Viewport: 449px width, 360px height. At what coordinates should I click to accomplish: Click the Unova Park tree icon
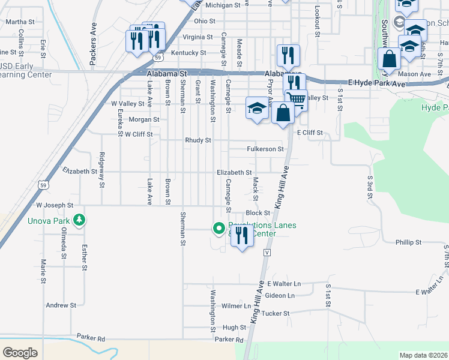coord(79,221)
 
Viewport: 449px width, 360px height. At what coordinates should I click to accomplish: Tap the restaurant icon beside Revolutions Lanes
coord(241,235)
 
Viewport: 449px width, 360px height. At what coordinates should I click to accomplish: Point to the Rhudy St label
coord(199,140)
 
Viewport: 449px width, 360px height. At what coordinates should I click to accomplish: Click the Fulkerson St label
coord(265,149)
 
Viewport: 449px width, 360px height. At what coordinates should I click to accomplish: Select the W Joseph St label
coord(54,205)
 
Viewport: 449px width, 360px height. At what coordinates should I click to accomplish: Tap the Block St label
coord(258,213)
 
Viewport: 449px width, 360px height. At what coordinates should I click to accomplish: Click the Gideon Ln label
coord(280,295)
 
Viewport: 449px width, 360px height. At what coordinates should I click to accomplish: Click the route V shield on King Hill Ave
coord(266,253)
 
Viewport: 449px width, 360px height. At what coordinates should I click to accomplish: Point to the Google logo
coord(20,353)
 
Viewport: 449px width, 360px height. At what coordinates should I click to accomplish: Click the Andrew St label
coord(61,305)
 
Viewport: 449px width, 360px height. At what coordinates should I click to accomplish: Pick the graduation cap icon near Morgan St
coord(257,108)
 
